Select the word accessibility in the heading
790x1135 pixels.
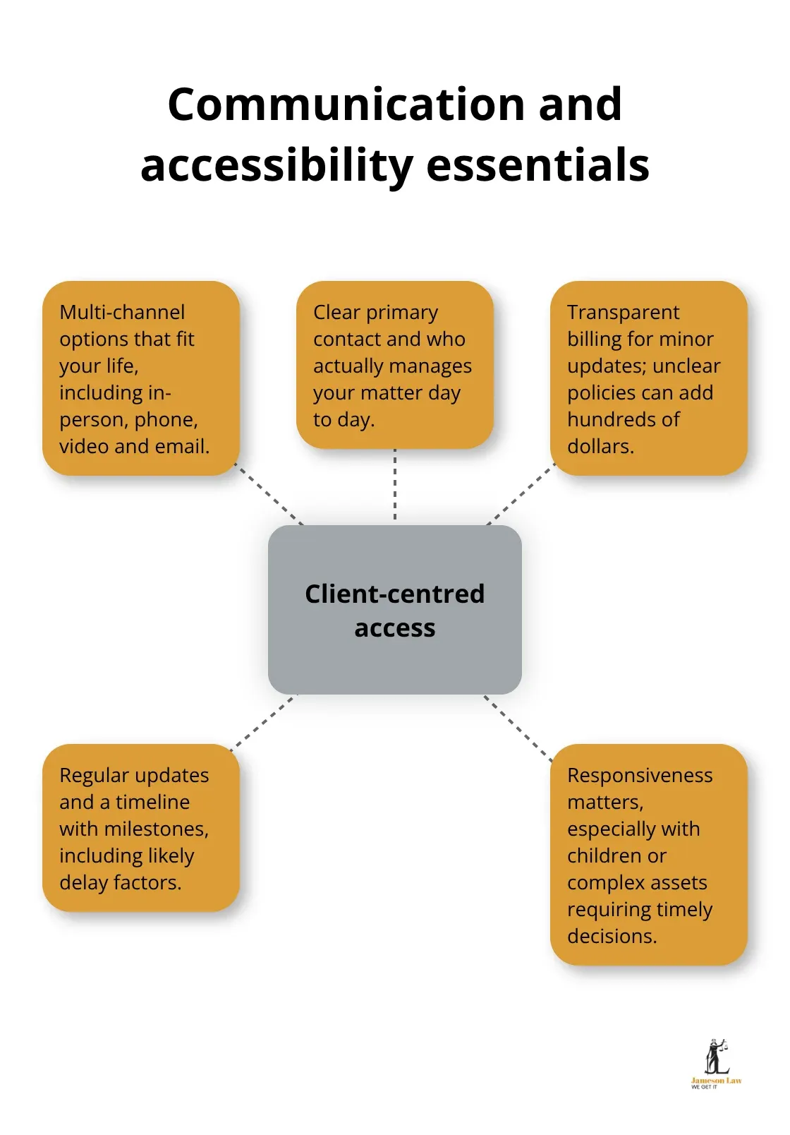point(276,167)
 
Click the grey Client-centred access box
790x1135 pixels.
point(394,610)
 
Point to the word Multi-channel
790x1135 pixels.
point(122,312)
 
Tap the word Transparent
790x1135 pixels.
point(623,312)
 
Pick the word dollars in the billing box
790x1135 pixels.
point(600,446)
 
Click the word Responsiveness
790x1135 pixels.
point(640,775)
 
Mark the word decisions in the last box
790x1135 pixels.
point(612,936)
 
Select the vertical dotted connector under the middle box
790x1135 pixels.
point(395,486)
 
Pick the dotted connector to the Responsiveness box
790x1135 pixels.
point(518,729)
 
